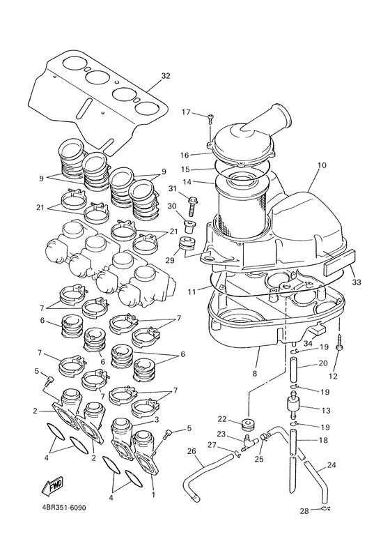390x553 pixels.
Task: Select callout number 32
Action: tap(166, 76)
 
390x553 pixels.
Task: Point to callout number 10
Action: tap(322, 165)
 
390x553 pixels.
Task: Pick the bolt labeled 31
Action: tap(192, 206)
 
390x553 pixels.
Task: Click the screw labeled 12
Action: tap(339, 342)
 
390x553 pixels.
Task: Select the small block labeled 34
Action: tap(317, 330)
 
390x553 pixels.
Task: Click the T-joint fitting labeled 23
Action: tap(249, 442)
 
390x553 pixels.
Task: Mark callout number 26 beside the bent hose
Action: tap(192, 450)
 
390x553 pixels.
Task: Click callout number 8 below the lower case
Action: tap(255, 372)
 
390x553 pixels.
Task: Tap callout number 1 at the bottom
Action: tap(153, 495)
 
